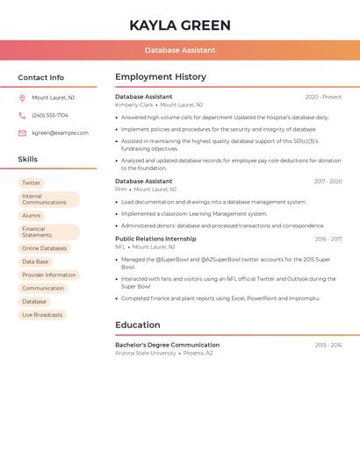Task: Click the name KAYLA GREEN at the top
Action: (x=180, y=25)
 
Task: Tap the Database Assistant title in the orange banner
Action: (x=180, y=50)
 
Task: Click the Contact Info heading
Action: (x=41, y=77)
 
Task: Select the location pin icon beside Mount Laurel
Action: (x=22, y=98)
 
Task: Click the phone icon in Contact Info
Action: (x=22, y=116)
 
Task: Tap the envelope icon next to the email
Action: (x=22, y=133)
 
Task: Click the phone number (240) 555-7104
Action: (x=50, y=116)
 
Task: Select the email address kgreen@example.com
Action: (x=60, y=133)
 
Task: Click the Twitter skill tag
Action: (x=32, y=183)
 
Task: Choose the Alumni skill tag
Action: (x=32, y=216)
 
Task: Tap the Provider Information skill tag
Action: (x=49, y=275)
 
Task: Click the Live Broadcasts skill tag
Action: (x=42, y=315)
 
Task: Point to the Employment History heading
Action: (x=161, y=77)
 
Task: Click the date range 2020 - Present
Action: (x=323, y=97)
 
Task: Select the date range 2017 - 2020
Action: (x=328, y=182)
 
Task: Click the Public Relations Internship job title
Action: (x=155, y=239)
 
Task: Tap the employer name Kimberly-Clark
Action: (x=134, y=104)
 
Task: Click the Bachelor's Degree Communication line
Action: (x=167, y=345)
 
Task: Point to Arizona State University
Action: (x=146, y=353)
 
